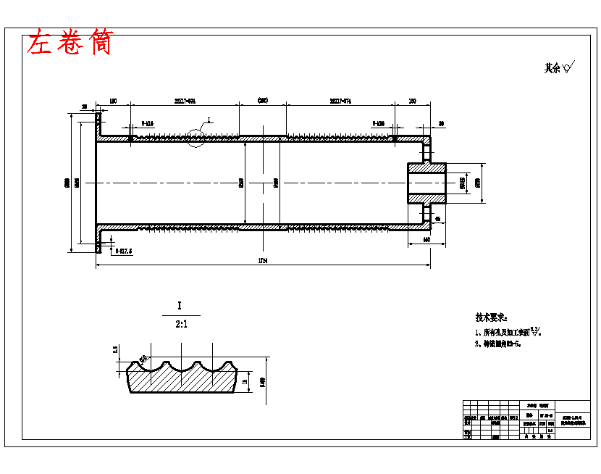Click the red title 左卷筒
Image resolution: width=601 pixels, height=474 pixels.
(70, 43)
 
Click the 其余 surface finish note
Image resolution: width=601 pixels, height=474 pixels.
(558, 68)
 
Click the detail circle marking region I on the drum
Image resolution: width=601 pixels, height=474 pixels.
(197, 136)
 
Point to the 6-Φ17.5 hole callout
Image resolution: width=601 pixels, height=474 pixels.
(124, 251)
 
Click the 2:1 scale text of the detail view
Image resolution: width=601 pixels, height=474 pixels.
(181, 325)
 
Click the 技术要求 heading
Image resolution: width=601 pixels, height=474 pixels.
(492, 317)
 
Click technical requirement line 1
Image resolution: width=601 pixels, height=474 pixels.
(507, 332)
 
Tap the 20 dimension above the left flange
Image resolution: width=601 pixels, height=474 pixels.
(84, 107)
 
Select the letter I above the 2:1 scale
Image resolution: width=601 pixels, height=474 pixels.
(179, 306)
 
